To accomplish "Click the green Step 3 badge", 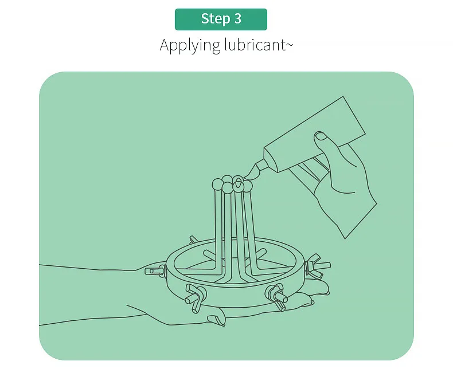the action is pyautogui.click(x=221, y=19).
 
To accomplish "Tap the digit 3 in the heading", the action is pyautogui.click(x=237, y=19).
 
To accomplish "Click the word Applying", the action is pyautogui.click(x=190, y=45).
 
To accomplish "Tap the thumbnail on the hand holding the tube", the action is pyautogui.click(x=321, y=136).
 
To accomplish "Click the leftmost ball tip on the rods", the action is pyautogui.click(x=217, y=184).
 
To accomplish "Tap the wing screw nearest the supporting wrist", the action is pyautogui.click(x=155, y=270).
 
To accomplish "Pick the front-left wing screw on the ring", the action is pyautogui.click(x=196, y=298).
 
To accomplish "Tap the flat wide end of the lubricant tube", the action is pyautogui.click(x=354, y=115).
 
